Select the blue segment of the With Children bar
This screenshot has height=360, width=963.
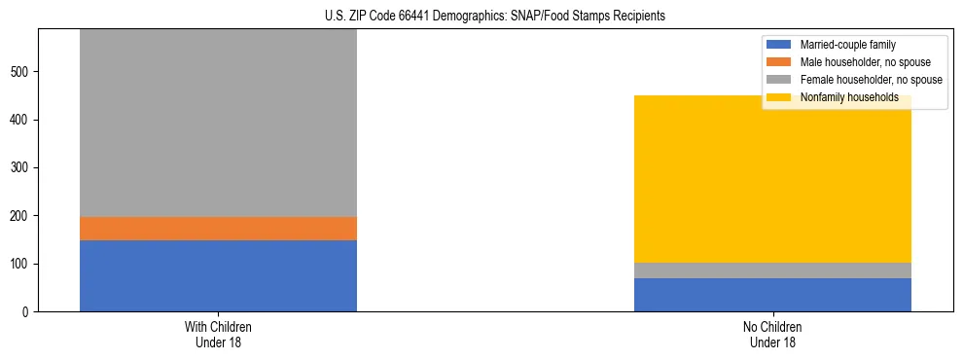218,275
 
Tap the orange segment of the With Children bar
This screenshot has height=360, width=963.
218,228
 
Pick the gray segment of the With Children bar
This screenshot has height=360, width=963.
218,123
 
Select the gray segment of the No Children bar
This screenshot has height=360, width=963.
772,270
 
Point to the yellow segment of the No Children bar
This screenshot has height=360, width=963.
772,179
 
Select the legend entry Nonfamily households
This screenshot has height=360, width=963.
842,97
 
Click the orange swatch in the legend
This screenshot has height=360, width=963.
780,62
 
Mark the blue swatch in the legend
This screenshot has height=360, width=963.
780,45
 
